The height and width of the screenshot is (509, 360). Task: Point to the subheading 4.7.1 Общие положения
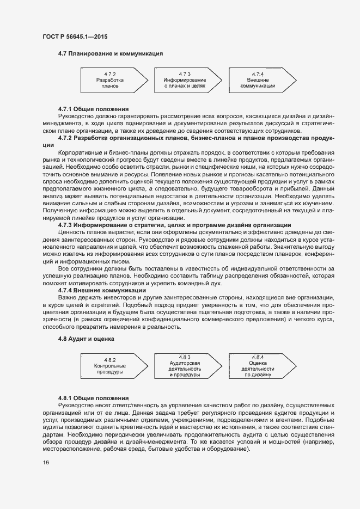point(93,109)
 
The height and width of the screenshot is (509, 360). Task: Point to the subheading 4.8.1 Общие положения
point(93,398)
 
